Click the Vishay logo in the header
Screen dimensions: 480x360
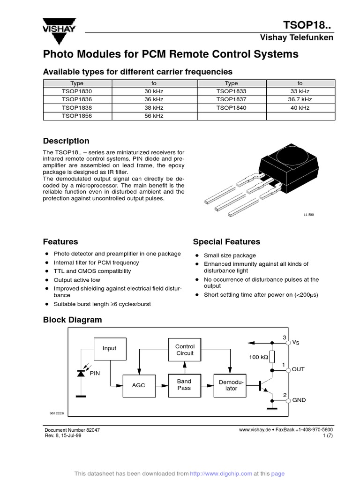[x=59, y=26]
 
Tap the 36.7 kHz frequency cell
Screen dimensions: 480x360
[x=300, y=99]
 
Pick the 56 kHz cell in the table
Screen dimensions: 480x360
[x=154, y=115]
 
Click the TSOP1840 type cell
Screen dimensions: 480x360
[x=231, y=107]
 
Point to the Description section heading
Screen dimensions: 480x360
[x=66, y=141]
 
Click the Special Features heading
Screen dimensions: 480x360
[x=226, y=242]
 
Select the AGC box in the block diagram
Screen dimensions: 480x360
[x=139, y=385]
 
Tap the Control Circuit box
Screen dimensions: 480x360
[x=185, y=350]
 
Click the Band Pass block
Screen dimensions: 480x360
[x=184, y=385]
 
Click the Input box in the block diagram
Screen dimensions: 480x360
[x=110, y=348]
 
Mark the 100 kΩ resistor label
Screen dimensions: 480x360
[x=258, y=358]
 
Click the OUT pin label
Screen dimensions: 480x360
[x=298, y=369]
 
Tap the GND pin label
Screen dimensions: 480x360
[x=299, y=401]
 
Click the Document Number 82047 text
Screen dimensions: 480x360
[x=72, y=430]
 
